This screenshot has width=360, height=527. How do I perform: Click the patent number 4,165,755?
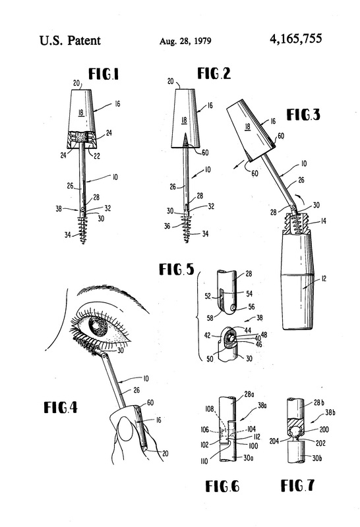pyautogui.click(x=295, y=39)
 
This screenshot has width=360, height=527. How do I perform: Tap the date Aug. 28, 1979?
pyautogui.click(x=185, y=41)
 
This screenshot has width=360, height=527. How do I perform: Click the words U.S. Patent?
pyautogui.click(x=70, y=40)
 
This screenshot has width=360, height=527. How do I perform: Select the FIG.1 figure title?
pyautogui.click(x=104, y=74)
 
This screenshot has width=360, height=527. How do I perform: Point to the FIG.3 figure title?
pyautogui.click(x=303, y=115)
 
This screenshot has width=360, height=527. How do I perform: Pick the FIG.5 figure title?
pyautogui.click(x=176, y=269)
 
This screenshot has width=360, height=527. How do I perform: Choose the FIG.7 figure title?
pyautogui.click(x=297, y=485)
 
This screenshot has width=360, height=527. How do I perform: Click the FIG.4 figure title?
pyautogui.click(x=61, y=407)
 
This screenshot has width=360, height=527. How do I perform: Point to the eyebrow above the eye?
pyautogui.click(x=111, y=295)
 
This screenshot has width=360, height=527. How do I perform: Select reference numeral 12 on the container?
pyautogui.click(x=323, y=278)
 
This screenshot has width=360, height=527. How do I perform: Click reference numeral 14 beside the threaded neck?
pyautogui.click(x=322, y=221)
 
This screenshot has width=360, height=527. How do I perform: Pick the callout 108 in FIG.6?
pyautogui.click(x=209, y=408)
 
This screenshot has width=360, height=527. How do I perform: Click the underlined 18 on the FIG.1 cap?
pyautogui.click(x=81, y=113)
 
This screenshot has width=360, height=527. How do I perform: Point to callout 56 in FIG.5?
pyautogui.click(x=251, y=306)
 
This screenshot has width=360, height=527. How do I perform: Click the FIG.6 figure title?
pyautogui.click(x=222, y=486)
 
